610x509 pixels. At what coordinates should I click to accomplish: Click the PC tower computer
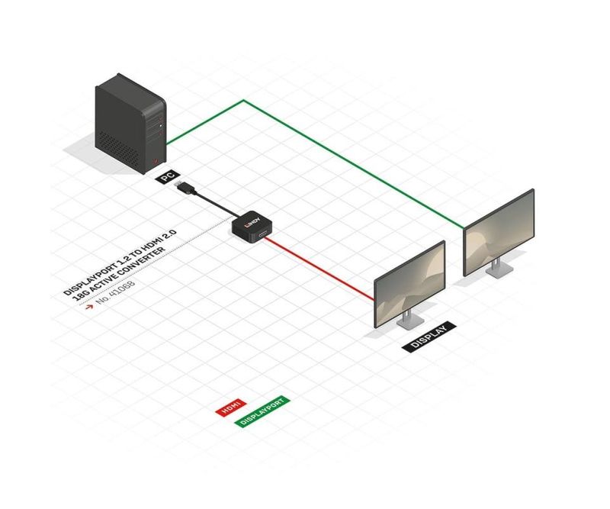(x=130, y=124)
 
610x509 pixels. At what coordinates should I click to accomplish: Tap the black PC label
(x=168, y=177)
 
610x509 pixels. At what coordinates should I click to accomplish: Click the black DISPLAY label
(x=429, y=337)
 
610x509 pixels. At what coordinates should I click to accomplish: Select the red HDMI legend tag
(x=231, y=408)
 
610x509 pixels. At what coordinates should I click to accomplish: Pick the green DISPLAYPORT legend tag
(x=263, y=411)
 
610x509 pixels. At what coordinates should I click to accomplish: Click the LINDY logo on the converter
(x=253, y=222)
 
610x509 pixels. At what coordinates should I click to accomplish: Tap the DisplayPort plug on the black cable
(x=185, y=187)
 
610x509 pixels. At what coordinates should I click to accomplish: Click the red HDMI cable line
(x=319, y=269)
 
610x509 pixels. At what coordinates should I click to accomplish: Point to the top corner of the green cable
(x=244, y=101)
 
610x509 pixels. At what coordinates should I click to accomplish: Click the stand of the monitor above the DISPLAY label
(x=409, y=320)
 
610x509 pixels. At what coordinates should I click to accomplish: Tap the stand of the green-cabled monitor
(x=499, y=269)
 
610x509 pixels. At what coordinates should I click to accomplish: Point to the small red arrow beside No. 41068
(x=89, y=307)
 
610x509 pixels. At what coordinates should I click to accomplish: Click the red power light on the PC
(x=156, y=160)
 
